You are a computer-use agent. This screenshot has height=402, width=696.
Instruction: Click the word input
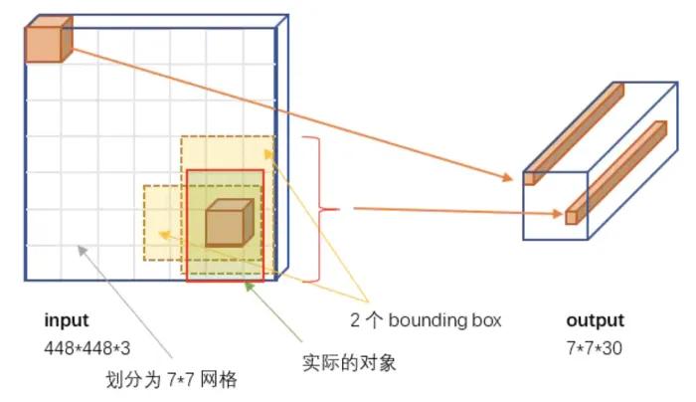coord(66,321)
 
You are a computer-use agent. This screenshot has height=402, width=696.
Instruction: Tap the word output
coord(595,321)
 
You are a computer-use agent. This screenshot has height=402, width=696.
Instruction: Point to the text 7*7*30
coord(594,347)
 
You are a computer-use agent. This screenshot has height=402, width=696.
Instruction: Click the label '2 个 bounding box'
coord(426,321)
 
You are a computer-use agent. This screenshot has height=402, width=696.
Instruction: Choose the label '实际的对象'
coord(349,363)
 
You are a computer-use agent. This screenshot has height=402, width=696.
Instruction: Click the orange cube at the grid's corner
coord(46,44)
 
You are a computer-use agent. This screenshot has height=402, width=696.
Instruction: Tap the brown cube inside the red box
coord(229,223)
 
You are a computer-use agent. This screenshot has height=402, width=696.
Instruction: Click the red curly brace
coord(319,209)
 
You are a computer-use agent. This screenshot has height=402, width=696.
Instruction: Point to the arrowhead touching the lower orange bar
coord(557,212)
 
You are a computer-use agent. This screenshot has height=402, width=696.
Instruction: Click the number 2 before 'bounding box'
coord(355,321)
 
